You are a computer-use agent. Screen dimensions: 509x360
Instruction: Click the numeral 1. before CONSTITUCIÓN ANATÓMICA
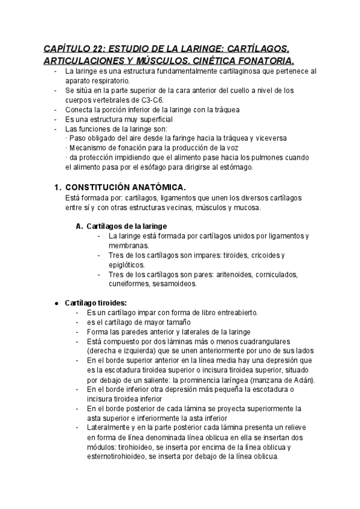pyautogui.click(x=58, y=187)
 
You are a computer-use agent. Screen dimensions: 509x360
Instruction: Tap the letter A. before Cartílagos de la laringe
pyautogui.click(x=80, y=226)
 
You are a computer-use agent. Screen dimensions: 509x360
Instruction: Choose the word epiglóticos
pyautogui.click(x=127, y=265)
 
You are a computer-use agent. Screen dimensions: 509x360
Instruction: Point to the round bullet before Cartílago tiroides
pyautogui.click(x=56, y=304)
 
